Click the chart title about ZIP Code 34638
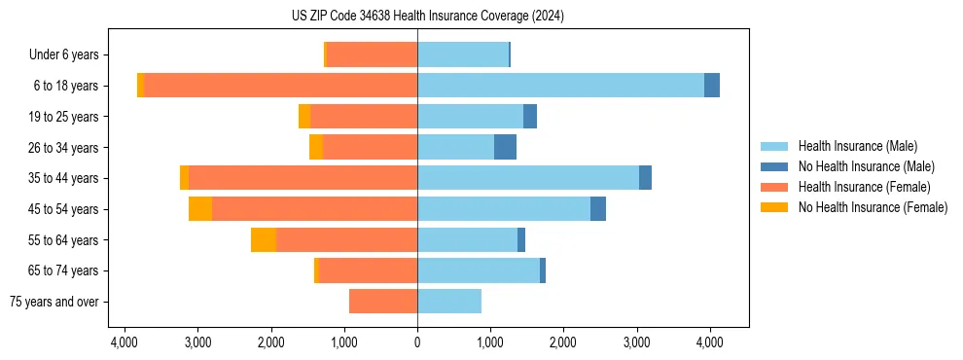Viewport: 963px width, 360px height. pyautogui.click(x=427, y=16)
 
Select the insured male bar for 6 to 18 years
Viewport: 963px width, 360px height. pyautogui.click(x=560, y=86)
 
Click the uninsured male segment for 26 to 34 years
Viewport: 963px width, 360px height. pyautogui.click(x=505, y=147)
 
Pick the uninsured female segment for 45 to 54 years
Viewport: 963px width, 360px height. pyautogui.click(x=200, y=209)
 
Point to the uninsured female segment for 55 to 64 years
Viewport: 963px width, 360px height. pyautogui.click(x=264, y=240)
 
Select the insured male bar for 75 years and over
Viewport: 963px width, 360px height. pyautogui.click(x=449, y=302)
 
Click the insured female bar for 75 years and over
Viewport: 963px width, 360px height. pyautogui.click(x=383, y=302)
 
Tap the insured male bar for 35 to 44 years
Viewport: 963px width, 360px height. pyautogui.click(x=528, y=178)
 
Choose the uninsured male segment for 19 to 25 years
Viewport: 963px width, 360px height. pyautogui.click(x=530, y=117)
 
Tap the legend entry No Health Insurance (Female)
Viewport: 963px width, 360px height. pyautogui.click(x=873, y=207)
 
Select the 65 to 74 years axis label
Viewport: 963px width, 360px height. pyautogui.click(x=64, y=270)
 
